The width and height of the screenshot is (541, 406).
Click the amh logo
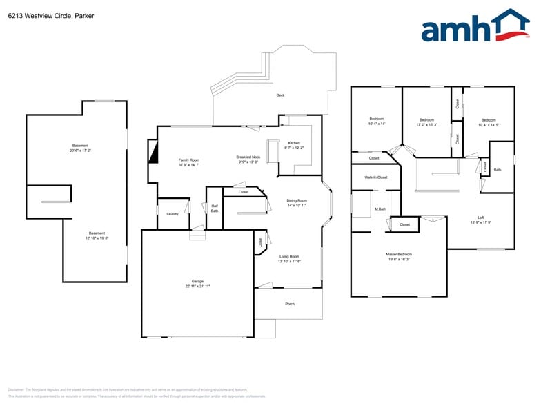coord(474,28)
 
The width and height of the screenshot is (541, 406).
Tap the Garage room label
coord(197,282)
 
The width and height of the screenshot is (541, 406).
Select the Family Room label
coord(189,160)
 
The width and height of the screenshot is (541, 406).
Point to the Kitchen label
coord(294,143)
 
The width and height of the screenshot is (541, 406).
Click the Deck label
coord(280,95)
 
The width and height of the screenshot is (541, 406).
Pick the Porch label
coord(290,304)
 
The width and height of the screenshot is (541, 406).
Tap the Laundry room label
coord(173,214)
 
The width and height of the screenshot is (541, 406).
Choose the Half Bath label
coord(215,208)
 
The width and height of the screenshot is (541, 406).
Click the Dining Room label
coord(297,201)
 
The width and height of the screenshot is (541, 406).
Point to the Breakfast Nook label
coord(248,157)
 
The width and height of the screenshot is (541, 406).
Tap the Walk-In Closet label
coord(376,177)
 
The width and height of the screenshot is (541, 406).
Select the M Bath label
coord(380,209)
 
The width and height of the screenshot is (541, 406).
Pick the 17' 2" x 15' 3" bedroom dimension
coord(426,125)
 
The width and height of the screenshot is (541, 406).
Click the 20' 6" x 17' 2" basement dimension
coord(80,150)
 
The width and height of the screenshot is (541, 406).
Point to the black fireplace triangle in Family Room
coord(153,150)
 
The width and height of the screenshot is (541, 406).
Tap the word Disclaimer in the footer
coord(16,389)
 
